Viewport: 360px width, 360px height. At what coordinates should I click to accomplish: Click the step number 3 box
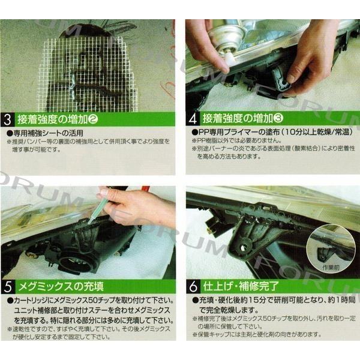pyautogui.click(x=8, y=118)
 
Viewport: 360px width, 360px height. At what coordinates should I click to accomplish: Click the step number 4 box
pyautogui.click(x=193, y=118)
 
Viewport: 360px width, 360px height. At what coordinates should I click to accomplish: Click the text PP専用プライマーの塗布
pyautogui.click(x=234, y=131)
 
